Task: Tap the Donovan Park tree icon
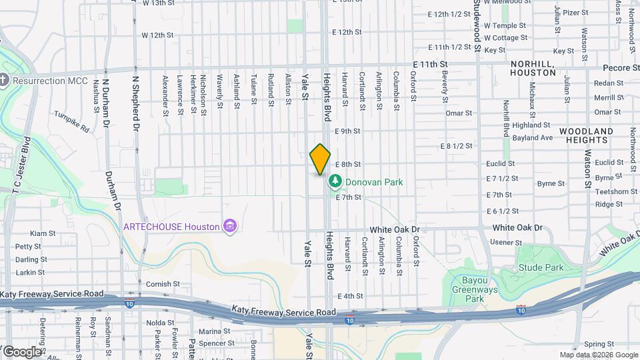pyautogui.click(x=335, y=181)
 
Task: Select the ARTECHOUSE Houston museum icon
pyautogui.click(x=230, y=227)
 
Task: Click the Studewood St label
pyautogui.click(x=477, y=23)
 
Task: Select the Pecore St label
pyautogui.click(x=621, y=68)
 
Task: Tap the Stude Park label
pyautogui.click(x=541, y=268)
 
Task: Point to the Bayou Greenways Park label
pyautogui.click(x=474, y=290)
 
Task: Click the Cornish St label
pyautogui.click(x=163, y=284)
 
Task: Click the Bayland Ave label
pyautogui.click(x=538, y=138)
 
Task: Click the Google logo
pyautogui.click(x=22, y=351)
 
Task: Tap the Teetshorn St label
pyautogui.click(x=611, y=191)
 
